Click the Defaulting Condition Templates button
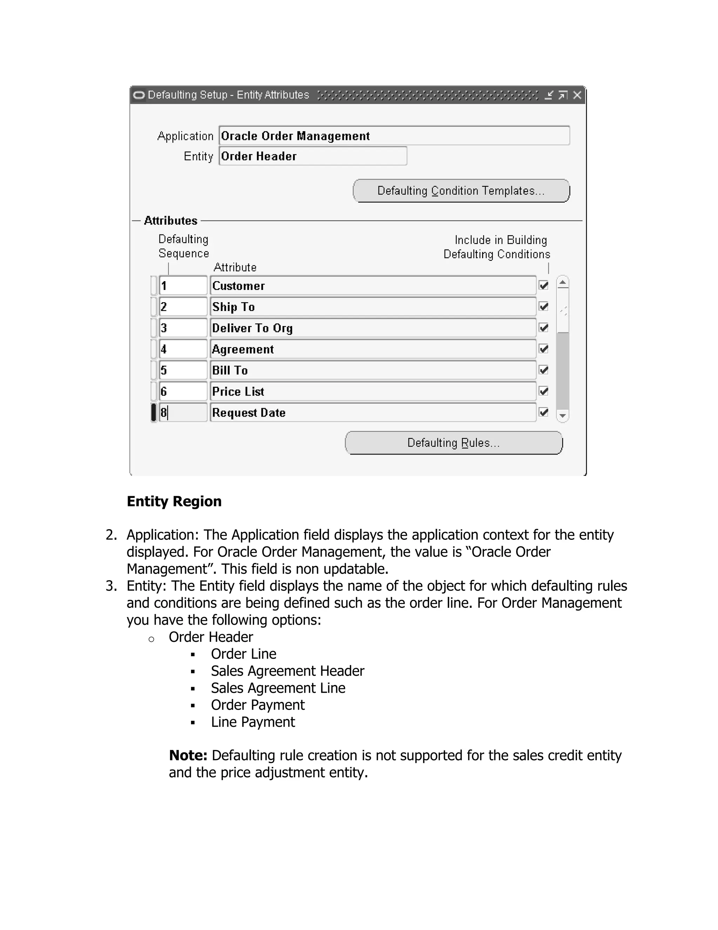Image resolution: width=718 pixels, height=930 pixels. pos(461,191)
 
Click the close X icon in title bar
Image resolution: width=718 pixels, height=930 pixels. pos(577,95)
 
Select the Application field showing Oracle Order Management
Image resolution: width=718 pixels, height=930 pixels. pos(394,136)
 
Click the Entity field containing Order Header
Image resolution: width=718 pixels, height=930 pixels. pos(313,156)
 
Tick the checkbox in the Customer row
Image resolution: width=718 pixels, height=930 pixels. pos(544,285)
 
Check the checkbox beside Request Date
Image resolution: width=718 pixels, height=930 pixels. pos(544,412)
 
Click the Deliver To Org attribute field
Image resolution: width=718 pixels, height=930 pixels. pos(373,328)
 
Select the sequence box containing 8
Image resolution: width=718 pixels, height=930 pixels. pos(183,413)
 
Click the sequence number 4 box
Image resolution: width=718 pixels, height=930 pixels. pos(183,349)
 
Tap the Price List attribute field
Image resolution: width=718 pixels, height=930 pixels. pos(373,391)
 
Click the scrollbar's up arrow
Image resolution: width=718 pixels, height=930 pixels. pos(563,282)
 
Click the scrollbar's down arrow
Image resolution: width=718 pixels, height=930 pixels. pos(563,416)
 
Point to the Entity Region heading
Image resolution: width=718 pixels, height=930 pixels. pos(174,501)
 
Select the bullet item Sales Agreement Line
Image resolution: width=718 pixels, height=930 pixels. pos(278,688)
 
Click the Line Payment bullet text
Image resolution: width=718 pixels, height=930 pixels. pos(253,722)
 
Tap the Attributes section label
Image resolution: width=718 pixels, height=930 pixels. pos(171,221)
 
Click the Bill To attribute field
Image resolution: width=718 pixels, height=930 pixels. pos(373,370)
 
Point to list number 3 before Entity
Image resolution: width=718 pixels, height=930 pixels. pos(111,586)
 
